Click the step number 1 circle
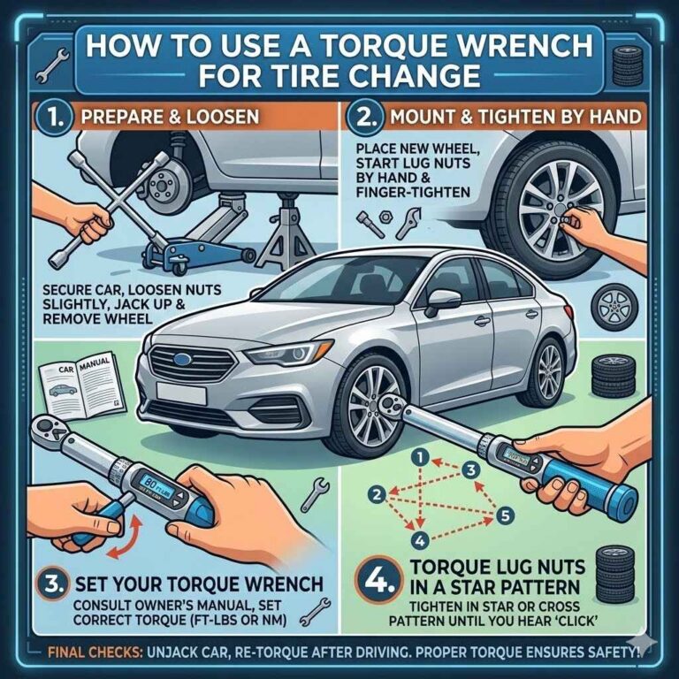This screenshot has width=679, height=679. click(x=47, y=117)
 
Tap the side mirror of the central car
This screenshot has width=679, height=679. click(x=441, y=301)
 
